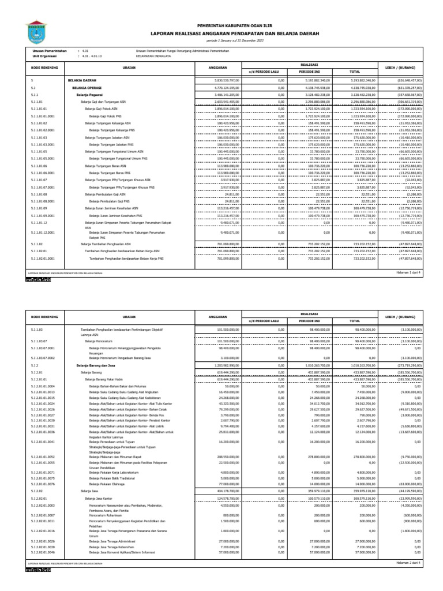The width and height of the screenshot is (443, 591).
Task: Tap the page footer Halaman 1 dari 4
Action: (411, 271)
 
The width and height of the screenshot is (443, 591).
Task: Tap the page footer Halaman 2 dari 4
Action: (411, 561)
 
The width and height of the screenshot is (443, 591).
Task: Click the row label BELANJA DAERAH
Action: (81, 80)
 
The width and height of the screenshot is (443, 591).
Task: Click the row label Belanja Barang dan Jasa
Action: (93, 365)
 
